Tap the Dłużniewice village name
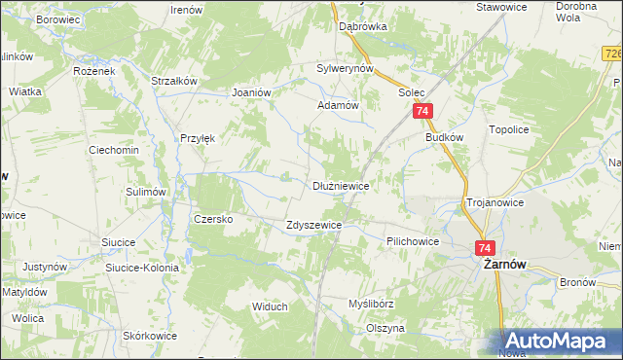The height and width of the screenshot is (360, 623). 340,185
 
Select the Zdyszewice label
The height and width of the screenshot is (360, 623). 313,225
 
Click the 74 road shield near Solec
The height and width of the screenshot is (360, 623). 422,113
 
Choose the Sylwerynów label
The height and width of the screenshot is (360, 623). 346,69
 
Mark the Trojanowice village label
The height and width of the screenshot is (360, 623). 495,202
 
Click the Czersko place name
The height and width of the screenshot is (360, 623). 213,219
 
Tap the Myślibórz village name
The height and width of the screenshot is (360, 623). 371,304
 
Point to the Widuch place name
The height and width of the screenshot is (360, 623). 270,306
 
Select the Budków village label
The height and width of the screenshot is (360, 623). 443,138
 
